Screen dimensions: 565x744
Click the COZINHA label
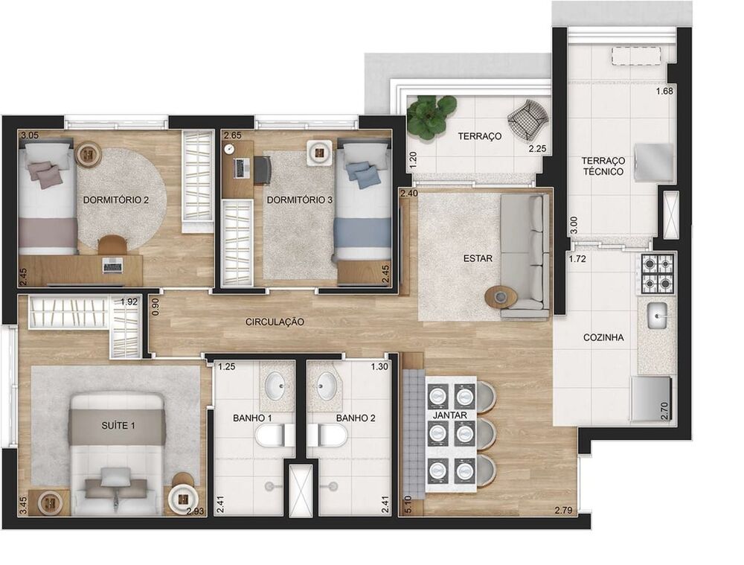(603, 337)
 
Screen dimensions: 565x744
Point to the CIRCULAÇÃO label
(275, 322)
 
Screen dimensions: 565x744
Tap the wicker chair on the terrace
(527, 117)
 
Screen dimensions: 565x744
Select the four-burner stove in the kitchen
(657, 273)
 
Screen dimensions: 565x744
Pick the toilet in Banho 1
(272, 435)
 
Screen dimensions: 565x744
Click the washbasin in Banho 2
(327, 386)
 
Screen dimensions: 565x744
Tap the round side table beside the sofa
(501, 297)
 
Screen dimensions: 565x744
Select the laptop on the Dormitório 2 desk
(113, 265)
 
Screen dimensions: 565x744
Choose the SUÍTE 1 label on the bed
(117, 426)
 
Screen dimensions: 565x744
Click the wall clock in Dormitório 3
(229, 149)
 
